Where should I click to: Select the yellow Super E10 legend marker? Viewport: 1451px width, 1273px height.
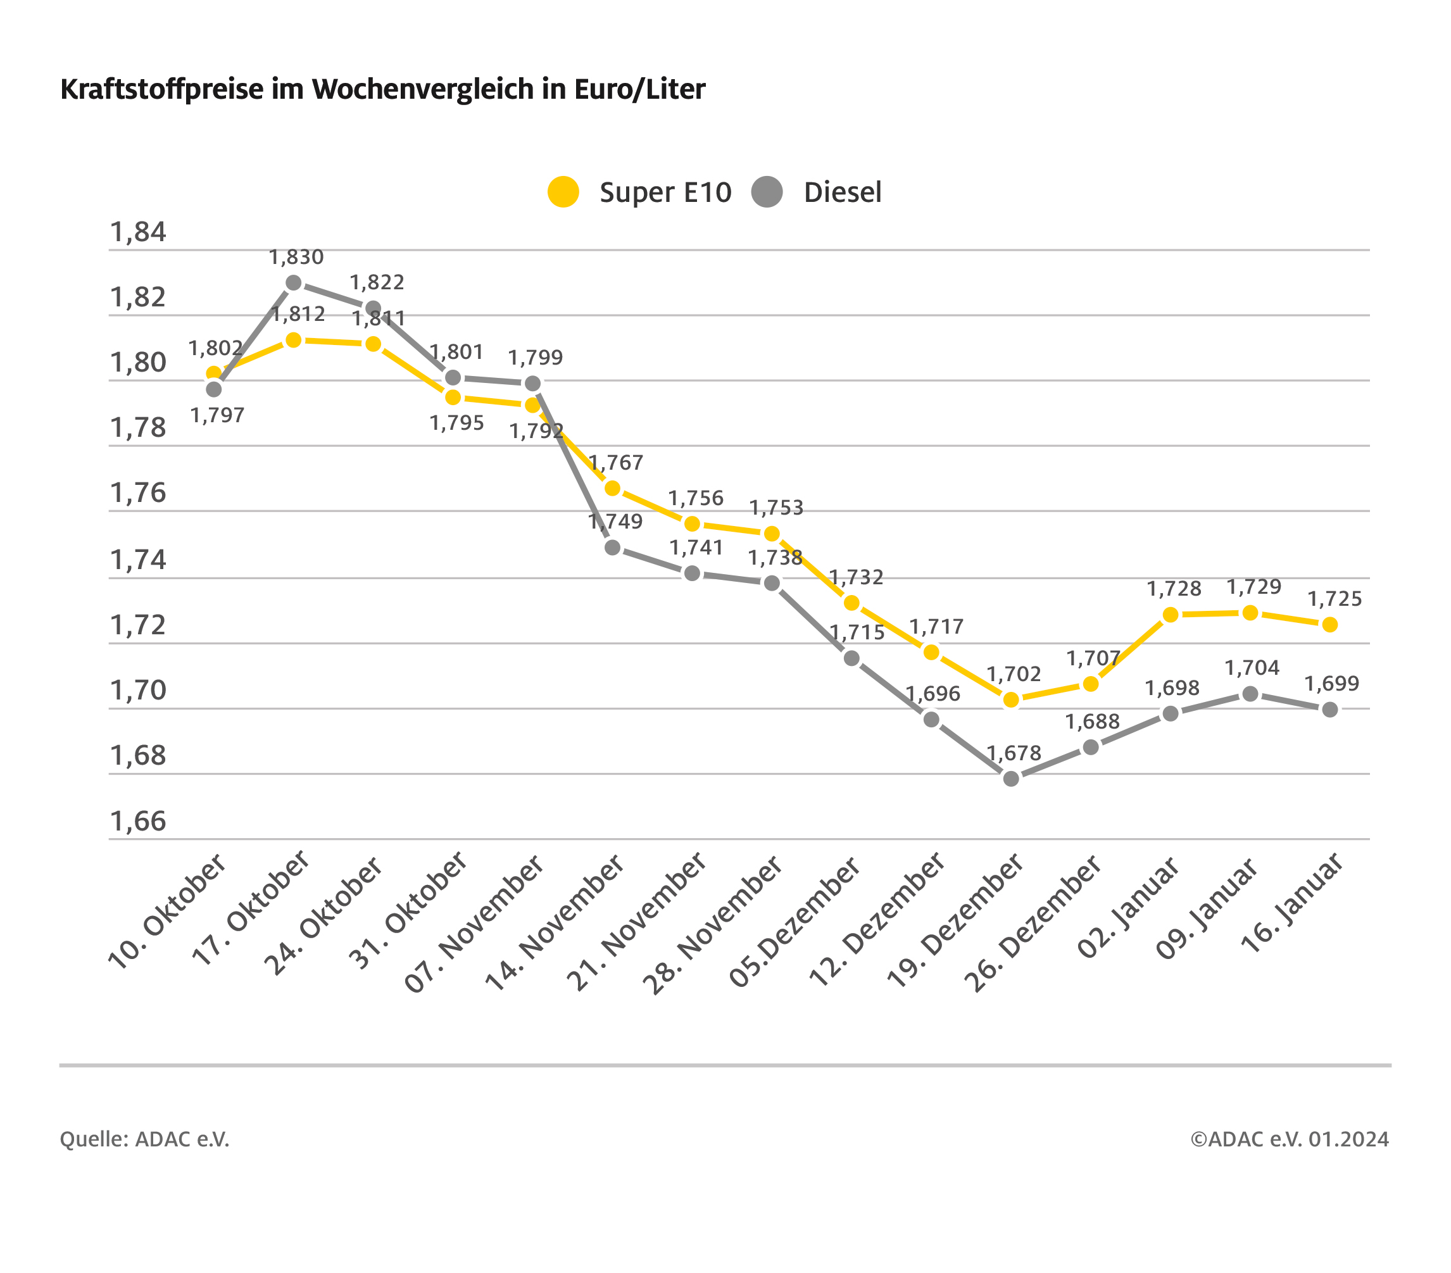tap(563, 192)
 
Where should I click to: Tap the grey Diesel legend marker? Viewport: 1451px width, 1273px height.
tap(767, 192)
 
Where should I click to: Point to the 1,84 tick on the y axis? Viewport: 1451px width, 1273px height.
tap(138, 232)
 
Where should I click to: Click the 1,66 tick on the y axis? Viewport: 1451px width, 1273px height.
tap(138, 822)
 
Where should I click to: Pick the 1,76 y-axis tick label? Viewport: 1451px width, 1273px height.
tap(138, 492)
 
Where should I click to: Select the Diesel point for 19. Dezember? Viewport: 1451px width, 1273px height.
tap(1012, 779)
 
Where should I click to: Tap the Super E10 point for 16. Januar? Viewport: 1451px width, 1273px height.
tap(1330, 625)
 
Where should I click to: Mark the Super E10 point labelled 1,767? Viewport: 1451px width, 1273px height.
tap(613, 489)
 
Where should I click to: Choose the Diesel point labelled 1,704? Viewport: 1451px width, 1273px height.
tap(1251, 694)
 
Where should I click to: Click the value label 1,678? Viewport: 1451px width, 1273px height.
tap(1014, 753)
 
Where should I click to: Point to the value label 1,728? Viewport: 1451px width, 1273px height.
tap(1174, 589)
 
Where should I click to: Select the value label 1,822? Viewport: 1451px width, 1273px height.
tap(377, 282)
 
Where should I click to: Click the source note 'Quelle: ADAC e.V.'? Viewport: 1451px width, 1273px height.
tap(145, 1139)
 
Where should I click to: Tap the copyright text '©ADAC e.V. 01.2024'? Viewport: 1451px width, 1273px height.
tap(1290, 1139)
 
